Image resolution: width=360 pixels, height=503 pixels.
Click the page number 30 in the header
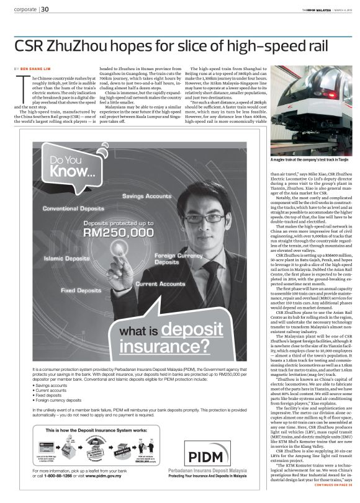pyautogui.click(x=45, y=9)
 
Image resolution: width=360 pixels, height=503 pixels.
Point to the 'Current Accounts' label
pyautogui.click(x=161, y=283)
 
